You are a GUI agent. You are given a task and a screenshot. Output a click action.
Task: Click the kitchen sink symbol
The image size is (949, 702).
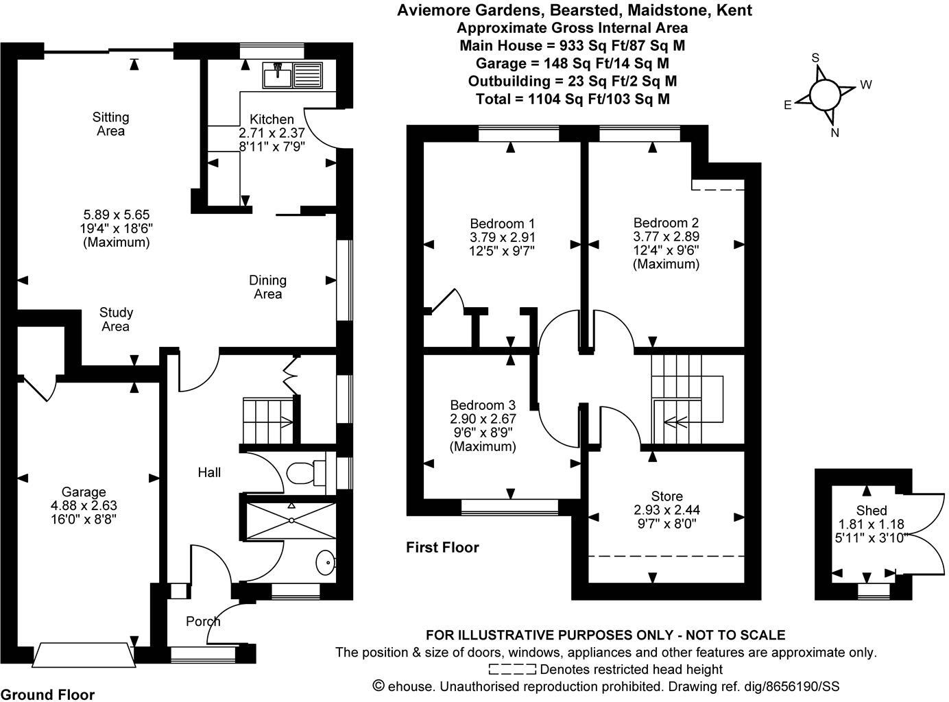[x=292, y=74]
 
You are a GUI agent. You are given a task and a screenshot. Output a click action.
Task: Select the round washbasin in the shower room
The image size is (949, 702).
[x=326, y=564]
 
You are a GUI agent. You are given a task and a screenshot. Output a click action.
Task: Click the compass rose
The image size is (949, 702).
[x=824, y=95]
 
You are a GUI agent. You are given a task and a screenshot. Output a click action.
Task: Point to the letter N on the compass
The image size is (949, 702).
[x=834, y=133]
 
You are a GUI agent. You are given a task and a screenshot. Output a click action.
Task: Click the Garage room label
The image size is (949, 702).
[x=84, y=492]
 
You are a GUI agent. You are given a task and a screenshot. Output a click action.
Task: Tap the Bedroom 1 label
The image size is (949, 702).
[x=502, y=223]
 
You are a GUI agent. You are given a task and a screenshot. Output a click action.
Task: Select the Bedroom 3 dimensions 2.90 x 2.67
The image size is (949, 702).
[x=483, y=419]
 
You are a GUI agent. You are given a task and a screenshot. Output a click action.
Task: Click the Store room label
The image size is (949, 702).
[x=666, y=496]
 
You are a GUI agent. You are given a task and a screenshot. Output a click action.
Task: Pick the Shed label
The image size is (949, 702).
[x=871, y=510]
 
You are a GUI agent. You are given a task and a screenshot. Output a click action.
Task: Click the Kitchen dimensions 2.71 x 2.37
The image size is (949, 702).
[x=272, y=132]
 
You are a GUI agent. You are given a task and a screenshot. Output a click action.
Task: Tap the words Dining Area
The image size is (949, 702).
[x=267, y=287]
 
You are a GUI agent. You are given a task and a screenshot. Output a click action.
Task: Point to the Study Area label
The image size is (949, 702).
[x=115, y=319]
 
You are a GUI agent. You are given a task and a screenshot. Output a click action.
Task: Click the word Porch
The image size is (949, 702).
[x=203, y=621]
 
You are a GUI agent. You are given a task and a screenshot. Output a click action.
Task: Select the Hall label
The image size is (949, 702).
[x=209, y=472]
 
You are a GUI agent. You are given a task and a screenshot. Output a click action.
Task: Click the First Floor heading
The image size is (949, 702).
[x=442, y=547]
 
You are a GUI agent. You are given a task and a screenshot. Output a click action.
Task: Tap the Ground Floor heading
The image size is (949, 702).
[x=47, y=694]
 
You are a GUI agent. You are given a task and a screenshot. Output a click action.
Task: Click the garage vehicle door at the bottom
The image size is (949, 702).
[x=84, y=655]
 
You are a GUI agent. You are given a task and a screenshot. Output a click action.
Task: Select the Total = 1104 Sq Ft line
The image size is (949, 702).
[x=573, y=99]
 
